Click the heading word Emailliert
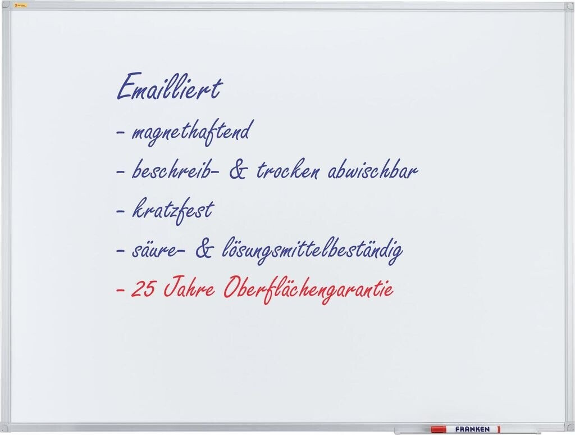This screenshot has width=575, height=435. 170,87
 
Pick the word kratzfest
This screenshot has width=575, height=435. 173,210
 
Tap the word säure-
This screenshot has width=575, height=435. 158,250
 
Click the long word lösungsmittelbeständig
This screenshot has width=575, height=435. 312,250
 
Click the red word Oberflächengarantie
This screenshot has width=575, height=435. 308,289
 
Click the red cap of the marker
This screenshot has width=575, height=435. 438,429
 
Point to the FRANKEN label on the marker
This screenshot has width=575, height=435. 472,429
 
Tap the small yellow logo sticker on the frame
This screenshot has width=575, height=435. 21,6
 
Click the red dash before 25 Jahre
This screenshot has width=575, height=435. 121,290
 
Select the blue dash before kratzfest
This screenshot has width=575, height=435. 121,212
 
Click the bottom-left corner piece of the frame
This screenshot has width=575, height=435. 6,428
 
